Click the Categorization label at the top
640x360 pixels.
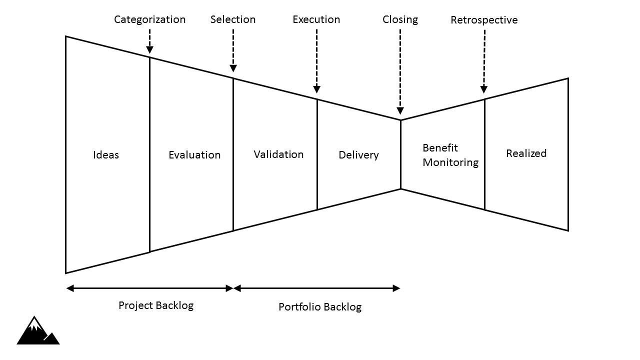(149, 19)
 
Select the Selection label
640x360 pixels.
(232, 19)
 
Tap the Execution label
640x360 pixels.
(316, 19)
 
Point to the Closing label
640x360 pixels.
(400, 19)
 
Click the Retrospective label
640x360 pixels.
(483, 20)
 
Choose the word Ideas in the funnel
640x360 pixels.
(106, 155)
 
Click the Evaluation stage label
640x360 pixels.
(194, 155)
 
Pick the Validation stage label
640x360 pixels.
(278, 154)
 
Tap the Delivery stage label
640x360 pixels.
(358, 155)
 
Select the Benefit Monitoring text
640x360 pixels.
(450, 155)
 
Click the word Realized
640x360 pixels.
(526, 153)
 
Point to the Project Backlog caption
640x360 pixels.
(155, 305)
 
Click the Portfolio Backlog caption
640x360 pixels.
(319, 307)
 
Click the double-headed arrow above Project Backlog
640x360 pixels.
(149, 288)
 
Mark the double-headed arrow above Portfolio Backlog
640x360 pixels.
(316, 288)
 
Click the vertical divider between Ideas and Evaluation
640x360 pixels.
(149, 155)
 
